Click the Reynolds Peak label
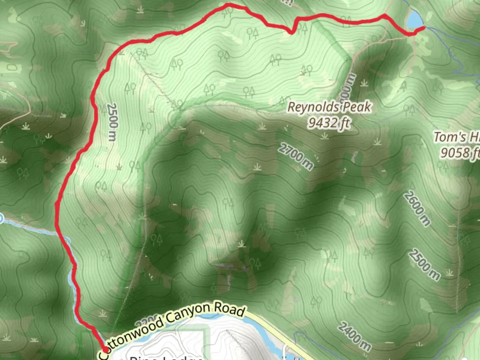pyautogui.click(x=329, y=107)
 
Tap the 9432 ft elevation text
pyautogui.click(x=328, y=123)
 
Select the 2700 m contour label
pyautogui.click(x=296, y=156)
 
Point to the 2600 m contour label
pyautogui.click(x=417, y=209)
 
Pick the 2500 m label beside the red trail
pyautogui.click(x=113, y=122)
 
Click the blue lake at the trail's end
pyautogui.click(x=414, y=20)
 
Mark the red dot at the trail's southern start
pyautogui.click(x=105, y=349)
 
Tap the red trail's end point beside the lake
pyautogui.click(x=423, y=28)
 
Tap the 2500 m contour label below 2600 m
pyautogui.click(x=424, y=265)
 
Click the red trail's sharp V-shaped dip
pyautogui.click(x=292, y=32)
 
